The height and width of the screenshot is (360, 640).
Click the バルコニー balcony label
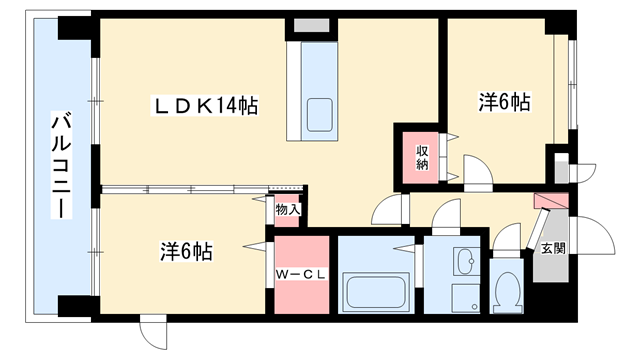62,166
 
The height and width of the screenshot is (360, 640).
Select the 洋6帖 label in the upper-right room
503,102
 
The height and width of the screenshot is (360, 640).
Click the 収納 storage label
423,158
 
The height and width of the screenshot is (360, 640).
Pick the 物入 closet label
288,210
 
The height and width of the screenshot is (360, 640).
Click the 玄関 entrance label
552,248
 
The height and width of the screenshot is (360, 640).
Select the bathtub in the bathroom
377,293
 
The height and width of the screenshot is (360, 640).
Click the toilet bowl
509,291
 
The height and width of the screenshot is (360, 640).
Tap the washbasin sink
465,263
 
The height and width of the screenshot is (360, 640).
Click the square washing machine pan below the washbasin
465,297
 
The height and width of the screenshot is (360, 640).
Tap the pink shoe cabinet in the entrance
551,201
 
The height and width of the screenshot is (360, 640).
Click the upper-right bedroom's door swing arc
477,170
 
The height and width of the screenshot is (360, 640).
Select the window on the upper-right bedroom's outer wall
572,85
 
